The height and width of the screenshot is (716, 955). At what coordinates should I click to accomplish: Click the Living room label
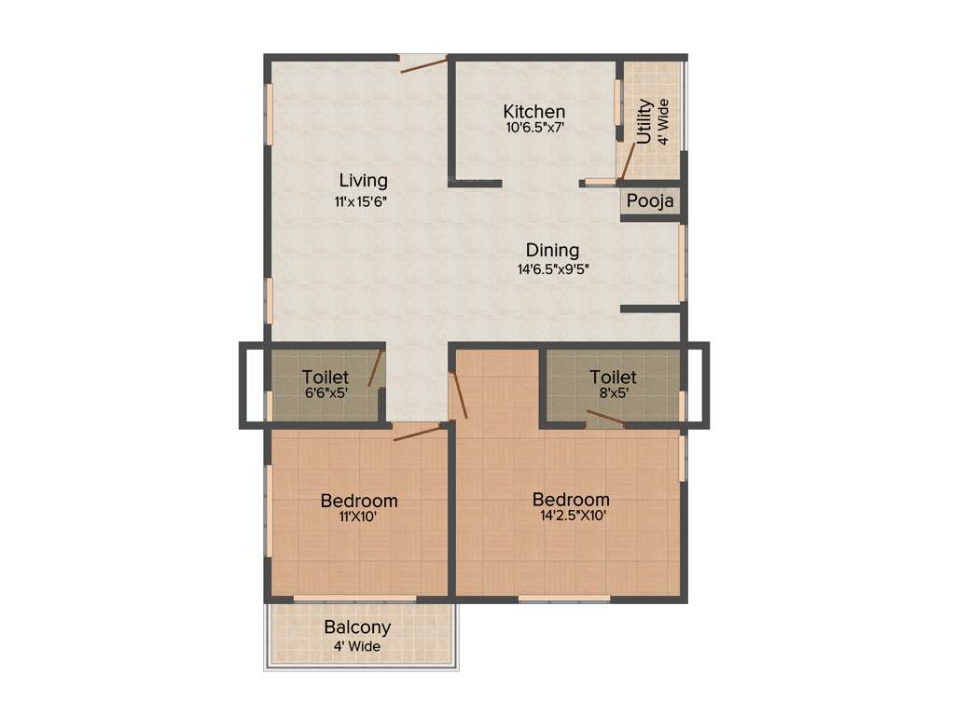click(x=363, y=180)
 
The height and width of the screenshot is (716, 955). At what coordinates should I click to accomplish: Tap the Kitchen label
click(x=533, y=111)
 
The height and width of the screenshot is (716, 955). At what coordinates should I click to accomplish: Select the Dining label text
click(x=552, y=250)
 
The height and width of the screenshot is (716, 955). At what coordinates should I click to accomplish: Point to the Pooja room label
click(x=649, y=201)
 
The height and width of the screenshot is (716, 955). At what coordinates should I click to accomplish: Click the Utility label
click(x=644, y=121)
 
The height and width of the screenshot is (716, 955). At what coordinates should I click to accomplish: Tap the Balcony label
click(x=357, y=627)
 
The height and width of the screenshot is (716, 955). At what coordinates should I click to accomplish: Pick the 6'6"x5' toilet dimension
click(x=325, y=392)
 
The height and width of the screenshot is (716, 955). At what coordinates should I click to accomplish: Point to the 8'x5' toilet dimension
click(x=613, y=392)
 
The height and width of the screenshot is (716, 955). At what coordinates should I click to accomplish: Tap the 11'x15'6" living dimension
click(x=363, y=200)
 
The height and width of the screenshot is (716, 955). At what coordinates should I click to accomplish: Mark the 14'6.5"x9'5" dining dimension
click(x=553, y=268)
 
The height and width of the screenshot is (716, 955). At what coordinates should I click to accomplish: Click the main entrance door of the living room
click(x=423, y=64)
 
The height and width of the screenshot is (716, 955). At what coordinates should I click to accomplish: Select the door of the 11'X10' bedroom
click(x=417, y=433)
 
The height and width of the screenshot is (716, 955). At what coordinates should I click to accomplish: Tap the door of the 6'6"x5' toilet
click(x=375, y=369)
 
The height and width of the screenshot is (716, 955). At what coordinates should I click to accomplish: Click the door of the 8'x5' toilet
click(x=606, y=417)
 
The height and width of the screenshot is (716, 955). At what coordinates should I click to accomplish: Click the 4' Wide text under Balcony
click(x=357, y=646)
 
